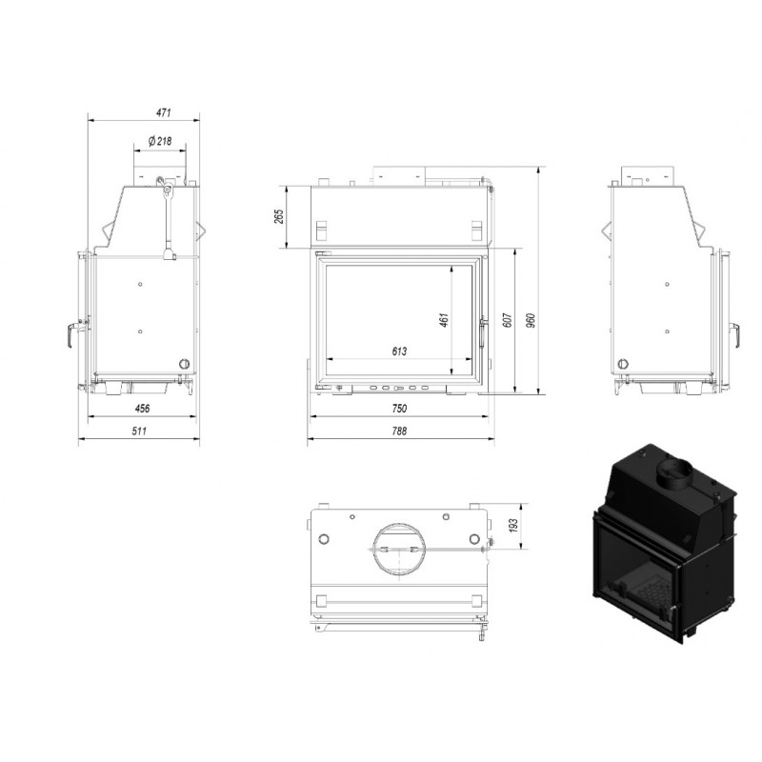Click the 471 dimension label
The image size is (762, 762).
(164, 112)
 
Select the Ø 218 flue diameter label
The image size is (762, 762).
(160, 141)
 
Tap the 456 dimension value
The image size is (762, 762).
(142, 409)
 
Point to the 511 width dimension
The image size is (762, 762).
(139, 431)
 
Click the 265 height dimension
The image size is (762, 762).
(279, 216)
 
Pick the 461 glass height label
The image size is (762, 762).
(444, 320)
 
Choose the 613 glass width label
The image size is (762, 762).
(399, 351)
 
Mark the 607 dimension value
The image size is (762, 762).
(508, 320)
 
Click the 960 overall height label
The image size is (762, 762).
(531, 320)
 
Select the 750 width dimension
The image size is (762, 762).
(399, 409)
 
